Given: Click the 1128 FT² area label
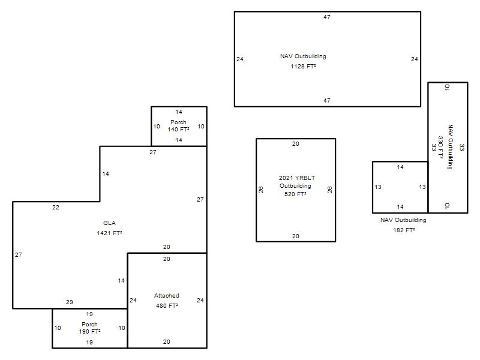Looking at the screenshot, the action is click(303, 66).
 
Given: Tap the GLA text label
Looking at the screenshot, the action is click(109, 223).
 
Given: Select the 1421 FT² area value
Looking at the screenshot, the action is click(109, 233).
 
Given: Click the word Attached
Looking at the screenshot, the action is click(167, 295).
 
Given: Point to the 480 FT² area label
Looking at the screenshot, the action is click(167, 305).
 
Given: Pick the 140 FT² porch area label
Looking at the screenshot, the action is click(178, 129).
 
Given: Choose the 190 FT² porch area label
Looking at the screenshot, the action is click(89, 331).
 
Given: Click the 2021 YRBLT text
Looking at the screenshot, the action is click(296, 178).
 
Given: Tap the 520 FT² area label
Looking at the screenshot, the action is click(295, 194).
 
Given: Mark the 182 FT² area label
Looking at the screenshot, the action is click(404, 230).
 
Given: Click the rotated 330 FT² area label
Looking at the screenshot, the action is click(440, 147).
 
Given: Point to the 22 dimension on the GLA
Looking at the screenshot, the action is click(55, 207).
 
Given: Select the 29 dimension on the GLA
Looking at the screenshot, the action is click(70, 302).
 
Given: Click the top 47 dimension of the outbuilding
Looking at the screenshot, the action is click(327, 17).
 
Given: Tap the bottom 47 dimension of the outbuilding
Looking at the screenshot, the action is click(327, 100).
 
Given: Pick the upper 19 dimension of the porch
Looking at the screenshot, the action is click(89, 314).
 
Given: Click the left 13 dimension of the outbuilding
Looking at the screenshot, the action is click(378, 187).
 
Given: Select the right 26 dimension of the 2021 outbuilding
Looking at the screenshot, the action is click(329, 190).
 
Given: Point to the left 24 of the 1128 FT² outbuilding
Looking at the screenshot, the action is click(240, 59).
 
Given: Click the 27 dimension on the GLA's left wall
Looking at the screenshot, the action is click(19, 254).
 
